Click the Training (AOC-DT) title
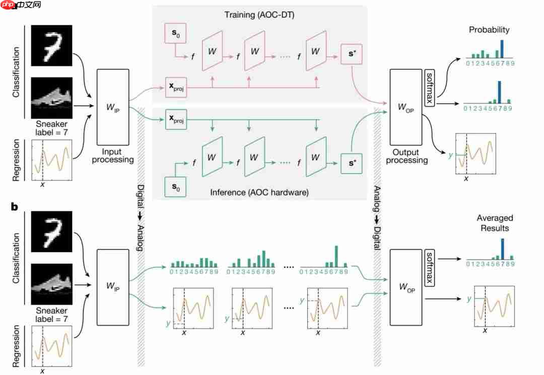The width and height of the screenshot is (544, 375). click(x=259, y=15)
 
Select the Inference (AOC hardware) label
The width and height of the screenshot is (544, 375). click(x=259, y=192)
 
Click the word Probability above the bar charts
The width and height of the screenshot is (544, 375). click(x=489, y=30)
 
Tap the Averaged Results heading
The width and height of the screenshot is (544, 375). click(x=495, y=223)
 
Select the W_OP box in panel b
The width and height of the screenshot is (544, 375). click(x=406, y=286)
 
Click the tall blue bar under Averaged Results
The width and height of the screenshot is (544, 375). click(x=502, y=248)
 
